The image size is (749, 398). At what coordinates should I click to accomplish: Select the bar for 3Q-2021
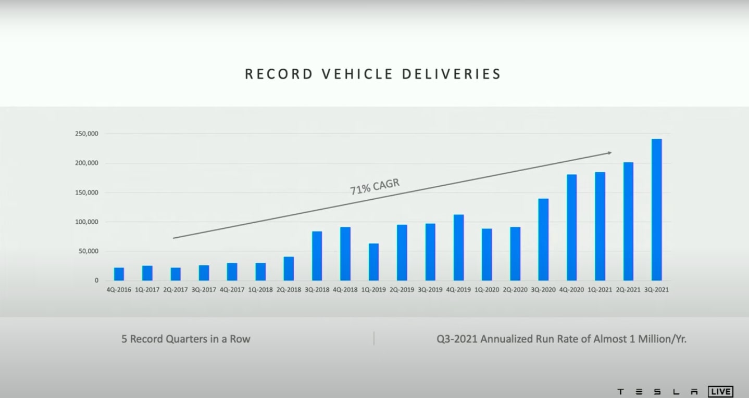coord(656,210)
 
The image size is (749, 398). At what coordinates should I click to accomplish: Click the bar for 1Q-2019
coord(373,262)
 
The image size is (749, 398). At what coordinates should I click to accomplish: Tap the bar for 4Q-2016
coord(119,274)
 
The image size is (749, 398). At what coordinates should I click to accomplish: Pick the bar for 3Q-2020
coord(543,240)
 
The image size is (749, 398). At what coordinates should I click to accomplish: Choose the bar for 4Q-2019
coord(458,248)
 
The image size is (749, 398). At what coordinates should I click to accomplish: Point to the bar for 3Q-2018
coord(317,256)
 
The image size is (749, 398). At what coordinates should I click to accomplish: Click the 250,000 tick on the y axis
coord(86,134)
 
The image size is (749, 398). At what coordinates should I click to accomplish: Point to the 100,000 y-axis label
coord(86,222)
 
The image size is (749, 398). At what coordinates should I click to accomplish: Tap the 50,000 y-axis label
coord(88,251)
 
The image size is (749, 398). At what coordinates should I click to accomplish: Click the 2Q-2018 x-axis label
coord(289,290)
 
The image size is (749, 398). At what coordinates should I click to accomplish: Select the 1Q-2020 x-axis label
coord(487,290)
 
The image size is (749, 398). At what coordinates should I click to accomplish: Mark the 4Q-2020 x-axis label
coord(572,290)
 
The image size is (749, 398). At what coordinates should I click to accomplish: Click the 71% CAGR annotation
coord(374,187)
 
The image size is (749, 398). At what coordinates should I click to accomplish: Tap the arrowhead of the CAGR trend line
coord(609,153)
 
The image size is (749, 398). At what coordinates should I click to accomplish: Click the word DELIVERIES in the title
coord(452,74)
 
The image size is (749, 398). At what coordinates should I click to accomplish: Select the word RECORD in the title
coord(279,74)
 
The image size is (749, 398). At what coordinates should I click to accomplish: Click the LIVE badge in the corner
coord(720,391)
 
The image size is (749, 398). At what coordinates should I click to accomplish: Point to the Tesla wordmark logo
coord(657,392)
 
